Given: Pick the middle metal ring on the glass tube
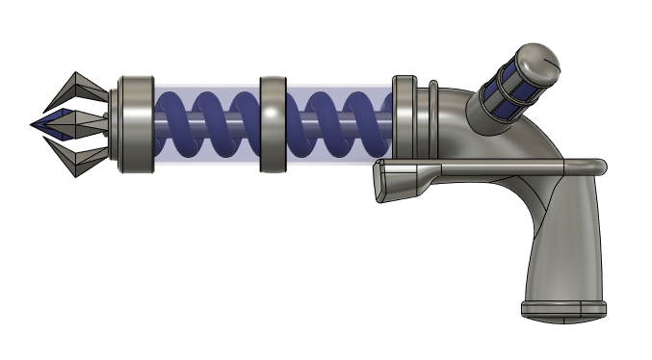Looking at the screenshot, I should [274, 125].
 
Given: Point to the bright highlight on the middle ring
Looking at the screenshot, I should [274, 114].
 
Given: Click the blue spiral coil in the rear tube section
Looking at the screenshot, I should [337, 125].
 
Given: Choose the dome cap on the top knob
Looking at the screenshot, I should [537, 59].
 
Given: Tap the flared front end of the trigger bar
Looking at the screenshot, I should [395, 178].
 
